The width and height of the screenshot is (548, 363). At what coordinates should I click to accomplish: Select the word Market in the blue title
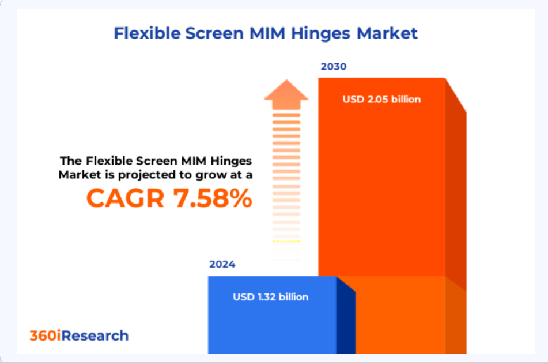tap(387, 33)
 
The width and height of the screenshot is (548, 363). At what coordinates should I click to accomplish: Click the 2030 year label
tap(334, 66)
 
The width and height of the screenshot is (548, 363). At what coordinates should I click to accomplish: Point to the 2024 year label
tap(222, 264)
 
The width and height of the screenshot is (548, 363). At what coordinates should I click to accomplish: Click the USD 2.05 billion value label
tap(381, 99)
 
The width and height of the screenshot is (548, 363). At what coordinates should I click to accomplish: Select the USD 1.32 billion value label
tap(270, 297)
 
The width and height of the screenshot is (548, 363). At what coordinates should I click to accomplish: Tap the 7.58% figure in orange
tap(213, 198)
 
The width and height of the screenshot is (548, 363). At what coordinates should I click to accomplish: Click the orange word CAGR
tap(126, 198)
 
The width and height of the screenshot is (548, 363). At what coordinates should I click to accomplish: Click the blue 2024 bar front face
tap(272, 315)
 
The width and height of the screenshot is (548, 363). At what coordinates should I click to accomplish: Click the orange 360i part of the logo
tap(45, 335)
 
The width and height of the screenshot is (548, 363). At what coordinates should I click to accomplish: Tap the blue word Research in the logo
tap(95, 335)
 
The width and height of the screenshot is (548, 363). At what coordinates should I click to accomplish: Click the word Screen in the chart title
tap(214, 33)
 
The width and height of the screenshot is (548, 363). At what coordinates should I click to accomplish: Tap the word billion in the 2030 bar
tap(406, 99)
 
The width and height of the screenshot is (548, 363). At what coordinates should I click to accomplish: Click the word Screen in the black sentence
tap(156, 161)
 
